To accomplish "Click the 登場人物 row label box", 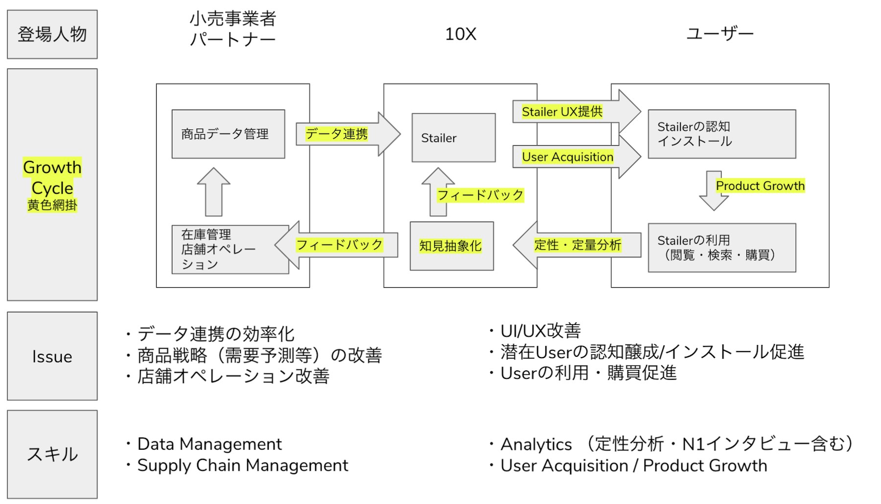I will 52,34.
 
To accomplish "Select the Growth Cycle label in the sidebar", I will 52,177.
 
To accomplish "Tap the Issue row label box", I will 52,356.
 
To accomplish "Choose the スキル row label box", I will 52,454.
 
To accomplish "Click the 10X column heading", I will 460,34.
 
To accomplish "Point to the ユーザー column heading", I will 719,34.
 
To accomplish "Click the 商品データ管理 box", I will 228,134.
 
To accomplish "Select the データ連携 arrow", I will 343,134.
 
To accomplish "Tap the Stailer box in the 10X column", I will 453,138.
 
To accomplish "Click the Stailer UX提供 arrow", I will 568,112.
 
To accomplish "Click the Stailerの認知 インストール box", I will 721,134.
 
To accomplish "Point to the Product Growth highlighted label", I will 760,186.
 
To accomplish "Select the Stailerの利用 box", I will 721,248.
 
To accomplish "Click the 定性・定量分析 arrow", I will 578,245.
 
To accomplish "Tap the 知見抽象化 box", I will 451,246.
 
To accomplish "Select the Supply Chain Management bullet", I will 243,465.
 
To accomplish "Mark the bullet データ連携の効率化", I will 215,334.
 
